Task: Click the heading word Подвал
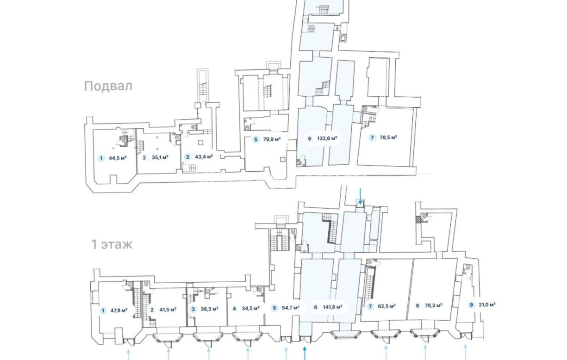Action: [x=108, y=87]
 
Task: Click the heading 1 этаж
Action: [x=112, y=245]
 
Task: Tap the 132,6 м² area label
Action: [x=327, y=138]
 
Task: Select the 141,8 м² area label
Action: [x=333, y=307]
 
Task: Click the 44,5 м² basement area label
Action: [x=118, y=158]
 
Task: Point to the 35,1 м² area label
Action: [x=160, y=157]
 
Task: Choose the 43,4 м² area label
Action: [x=204, y=156]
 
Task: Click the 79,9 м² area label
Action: [x=272, y=139]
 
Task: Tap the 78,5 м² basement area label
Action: [x=388, y=137]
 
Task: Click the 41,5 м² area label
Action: [x=168, y=310]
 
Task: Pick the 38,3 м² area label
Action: [x=210, y=309]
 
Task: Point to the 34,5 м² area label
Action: [x=250, y=308]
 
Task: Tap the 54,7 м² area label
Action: [x=291, y=308]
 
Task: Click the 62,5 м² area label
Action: [x=387, y=306]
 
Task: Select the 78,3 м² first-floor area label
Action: [x=433, y=305]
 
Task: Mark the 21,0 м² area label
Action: [x=487, y=304]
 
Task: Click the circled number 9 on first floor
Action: [x=471, y=305]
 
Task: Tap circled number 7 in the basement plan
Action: [x=372, y=138]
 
